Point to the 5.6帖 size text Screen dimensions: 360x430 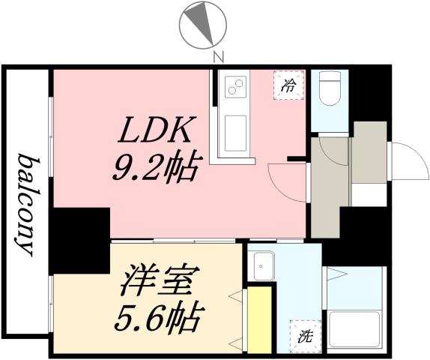pyautogui.click(x=157, y=319)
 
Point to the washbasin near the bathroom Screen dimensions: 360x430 pyautogui.click(x=263, y=264)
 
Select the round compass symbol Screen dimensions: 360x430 pyautogui.click(x=202, y=22)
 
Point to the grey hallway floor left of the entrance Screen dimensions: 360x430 pyautogui.click(x=329, y=180)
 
